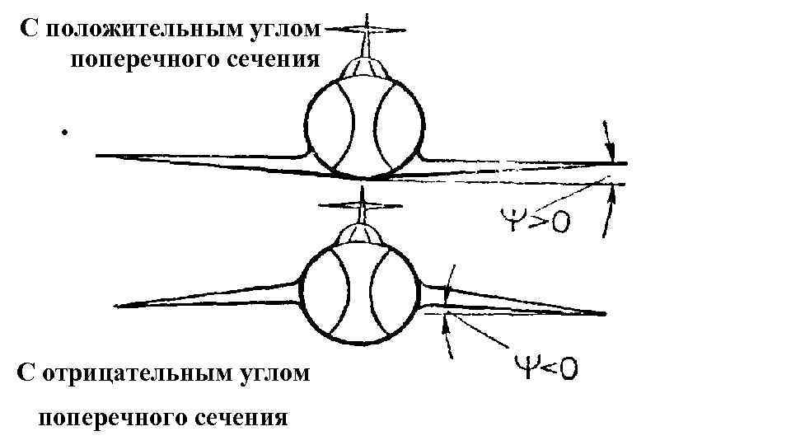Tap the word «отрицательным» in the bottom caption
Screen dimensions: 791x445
tap(137, 372)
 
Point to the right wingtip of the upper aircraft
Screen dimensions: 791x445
tap(625, 163)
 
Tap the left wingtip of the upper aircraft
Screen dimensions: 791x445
tap(99, 154)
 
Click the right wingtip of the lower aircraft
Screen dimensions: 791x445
tap(605, 313)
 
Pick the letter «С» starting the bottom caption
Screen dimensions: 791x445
tap(26, 372)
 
